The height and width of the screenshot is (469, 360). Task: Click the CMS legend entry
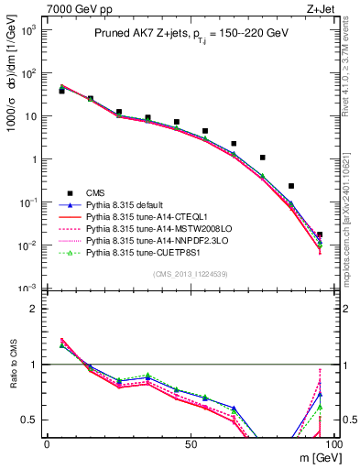pos(97,192)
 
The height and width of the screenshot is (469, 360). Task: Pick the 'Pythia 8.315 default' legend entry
pos(128,204)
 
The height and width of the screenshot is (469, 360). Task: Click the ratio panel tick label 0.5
pos(27,420)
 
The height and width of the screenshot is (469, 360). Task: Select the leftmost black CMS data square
pos(61,91)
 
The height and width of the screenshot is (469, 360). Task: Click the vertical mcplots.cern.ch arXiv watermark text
pos(352,211)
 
